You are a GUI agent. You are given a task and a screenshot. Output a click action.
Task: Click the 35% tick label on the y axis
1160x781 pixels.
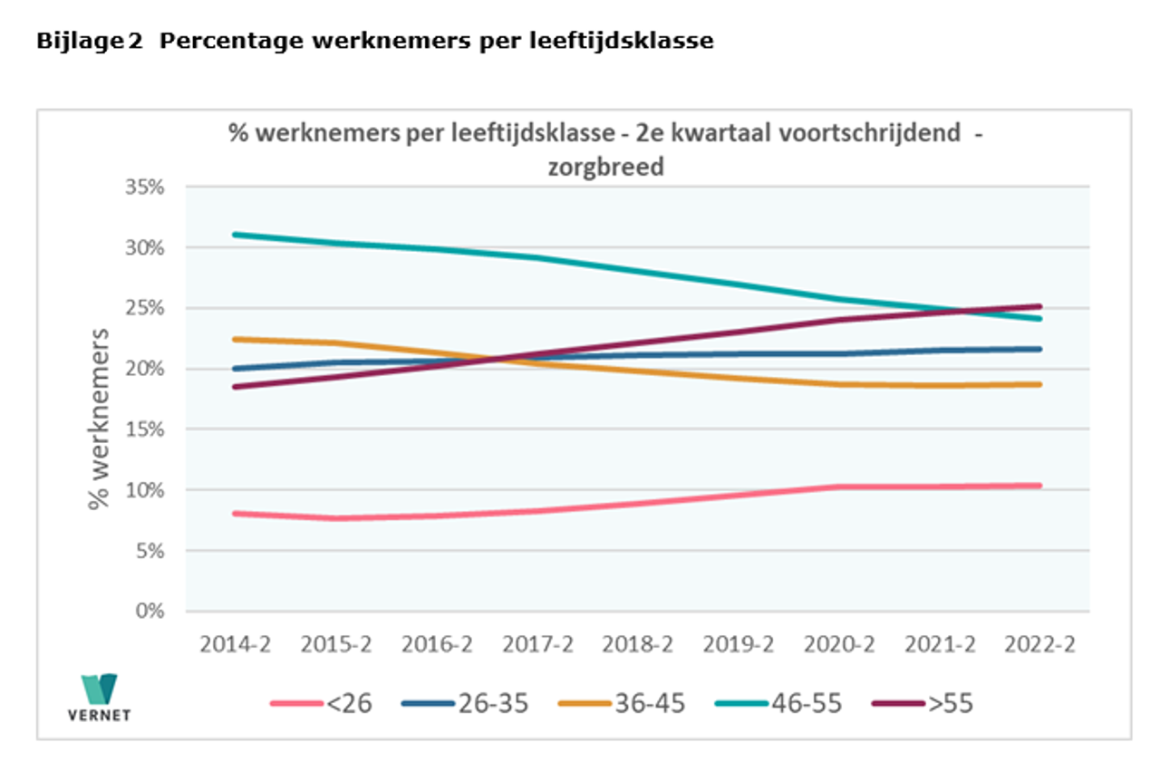[143, 187]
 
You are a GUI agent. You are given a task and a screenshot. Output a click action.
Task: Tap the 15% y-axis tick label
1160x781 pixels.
[143, 429]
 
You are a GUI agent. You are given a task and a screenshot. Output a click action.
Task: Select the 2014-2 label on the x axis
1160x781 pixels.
[236, 644]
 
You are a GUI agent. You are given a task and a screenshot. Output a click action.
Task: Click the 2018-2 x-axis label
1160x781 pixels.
[638, 644]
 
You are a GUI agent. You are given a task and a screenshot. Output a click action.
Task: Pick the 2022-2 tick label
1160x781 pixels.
[1039, 644]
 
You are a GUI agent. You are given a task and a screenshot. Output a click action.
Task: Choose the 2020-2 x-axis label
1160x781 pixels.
[839, 644]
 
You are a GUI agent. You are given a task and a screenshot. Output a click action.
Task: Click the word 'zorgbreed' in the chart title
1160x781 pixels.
[605, 168]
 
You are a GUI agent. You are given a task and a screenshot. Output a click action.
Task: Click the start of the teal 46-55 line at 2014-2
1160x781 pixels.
[235, 235]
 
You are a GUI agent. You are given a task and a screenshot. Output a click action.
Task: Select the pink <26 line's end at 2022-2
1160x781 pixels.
[1039, 486]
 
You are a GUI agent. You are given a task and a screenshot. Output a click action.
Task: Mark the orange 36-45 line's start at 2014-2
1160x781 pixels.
[235, 339]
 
